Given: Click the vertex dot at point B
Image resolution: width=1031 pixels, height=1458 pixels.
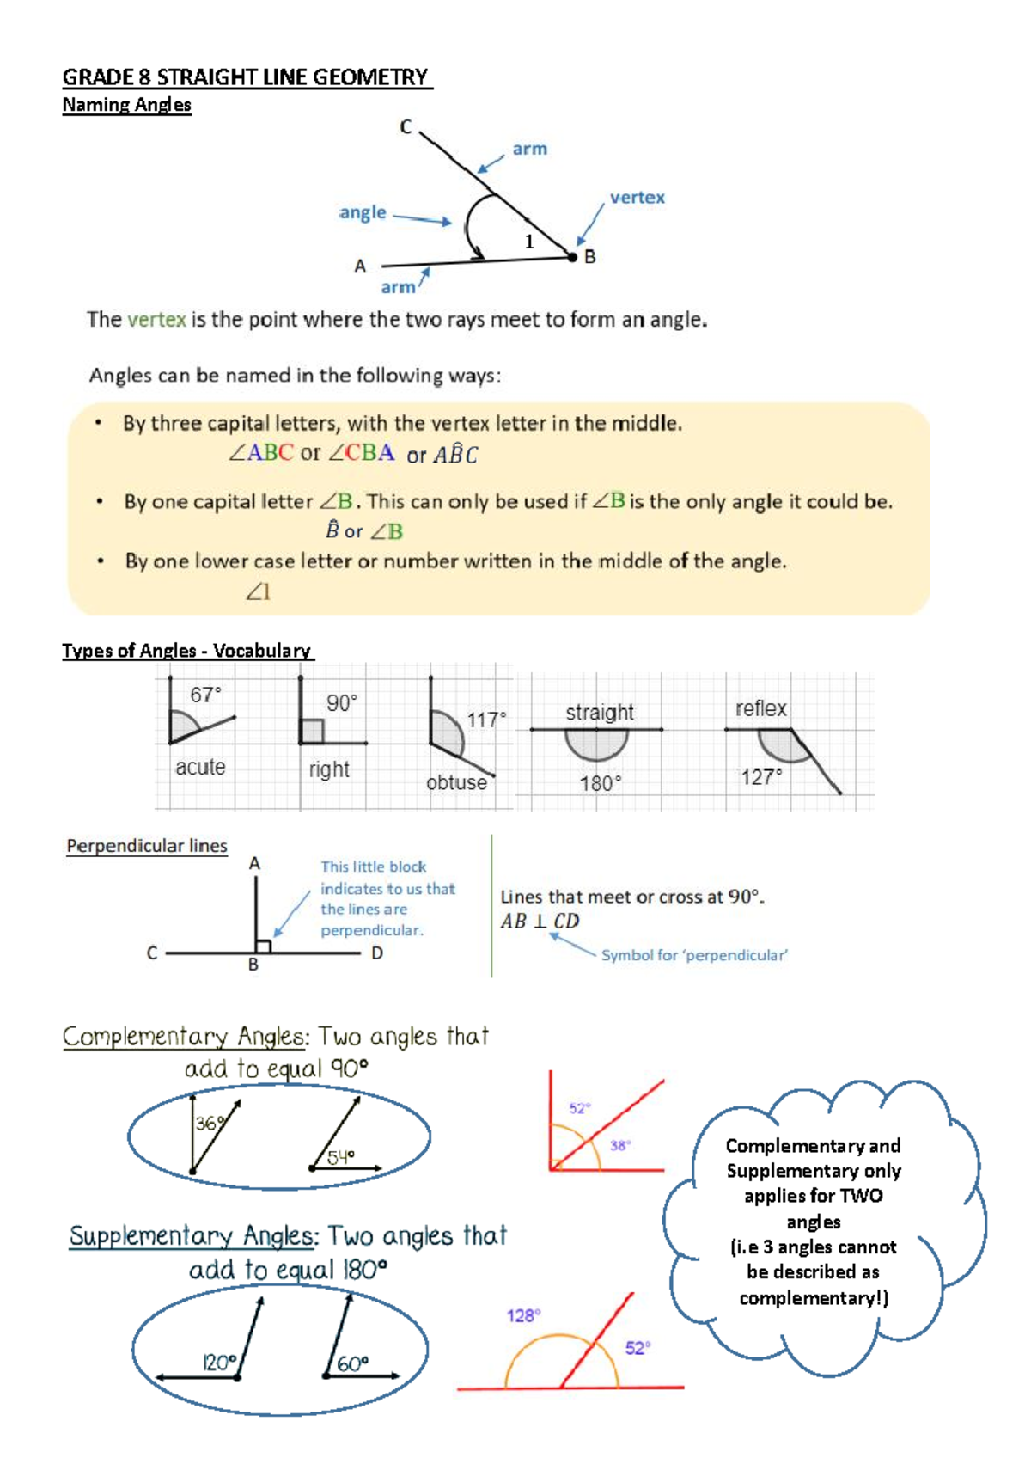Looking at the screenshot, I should pos(572,257).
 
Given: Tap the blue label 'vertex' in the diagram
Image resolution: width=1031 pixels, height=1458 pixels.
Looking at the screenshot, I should pos(637,198).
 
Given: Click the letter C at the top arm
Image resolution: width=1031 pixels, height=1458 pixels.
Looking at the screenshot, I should pos(406,127).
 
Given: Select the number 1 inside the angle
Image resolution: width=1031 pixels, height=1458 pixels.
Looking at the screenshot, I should pos(529,242).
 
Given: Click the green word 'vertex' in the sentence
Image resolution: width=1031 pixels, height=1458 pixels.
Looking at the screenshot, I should pos(156,320).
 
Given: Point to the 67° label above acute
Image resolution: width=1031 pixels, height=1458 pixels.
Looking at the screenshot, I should pos(205,695).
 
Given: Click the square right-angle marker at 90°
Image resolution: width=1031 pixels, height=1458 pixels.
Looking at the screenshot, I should pos(313,732).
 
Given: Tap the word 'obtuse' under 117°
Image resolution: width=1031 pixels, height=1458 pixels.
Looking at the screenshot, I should pos(456,782).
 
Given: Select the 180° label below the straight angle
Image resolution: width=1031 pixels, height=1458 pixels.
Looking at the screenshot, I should pos(600,783).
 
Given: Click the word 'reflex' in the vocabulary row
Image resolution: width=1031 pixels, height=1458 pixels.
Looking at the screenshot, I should pos(760,708).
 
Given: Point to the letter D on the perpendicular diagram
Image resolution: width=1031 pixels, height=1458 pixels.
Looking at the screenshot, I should pos(377,953).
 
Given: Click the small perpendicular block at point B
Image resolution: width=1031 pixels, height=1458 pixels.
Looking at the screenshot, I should pos(264,946).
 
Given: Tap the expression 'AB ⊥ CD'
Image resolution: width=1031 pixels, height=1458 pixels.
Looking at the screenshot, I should pos(540,921).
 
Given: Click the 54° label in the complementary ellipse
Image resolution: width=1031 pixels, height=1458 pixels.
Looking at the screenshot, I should pos(340,1157).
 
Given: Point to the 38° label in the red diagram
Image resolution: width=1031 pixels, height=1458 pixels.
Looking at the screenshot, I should pos(620,1145).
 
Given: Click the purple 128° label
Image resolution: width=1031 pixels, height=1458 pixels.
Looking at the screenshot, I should pos(523,1315).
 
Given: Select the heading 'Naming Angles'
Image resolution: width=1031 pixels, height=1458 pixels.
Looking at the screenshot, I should pos(126,105).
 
